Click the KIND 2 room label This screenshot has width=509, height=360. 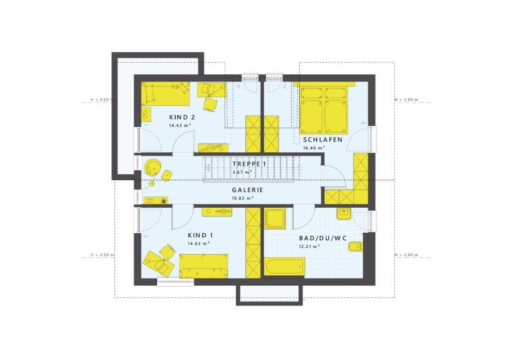pos(182,117)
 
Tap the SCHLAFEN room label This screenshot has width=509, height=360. pos(323,140)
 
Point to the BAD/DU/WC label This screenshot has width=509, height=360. pos(323,239)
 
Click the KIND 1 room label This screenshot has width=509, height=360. pos(200,235)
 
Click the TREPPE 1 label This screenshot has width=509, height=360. pos(249,164)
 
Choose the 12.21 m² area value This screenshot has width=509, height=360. pos(309,246)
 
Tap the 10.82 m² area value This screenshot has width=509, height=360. pos(242,198)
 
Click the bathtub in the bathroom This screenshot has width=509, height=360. pos(285,266)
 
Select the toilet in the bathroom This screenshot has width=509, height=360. pos(355,247)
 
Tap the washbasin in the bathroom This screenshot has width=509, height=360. pos(344,214)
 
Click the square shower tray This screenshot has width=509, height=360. pos(275,219)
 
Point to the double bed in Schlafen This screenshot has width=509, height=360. pos(324,110)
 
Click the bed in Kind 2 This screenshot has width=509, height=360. pos(165,94)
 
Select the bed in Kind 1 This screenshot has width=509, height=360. pos(204,266)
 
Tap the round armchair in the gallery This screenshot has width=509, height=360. pos(153,167)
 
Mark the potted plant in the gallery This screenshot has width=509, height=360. pos(164,201)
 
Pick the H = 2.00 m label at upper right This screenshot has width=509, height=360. pos(406,100)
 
